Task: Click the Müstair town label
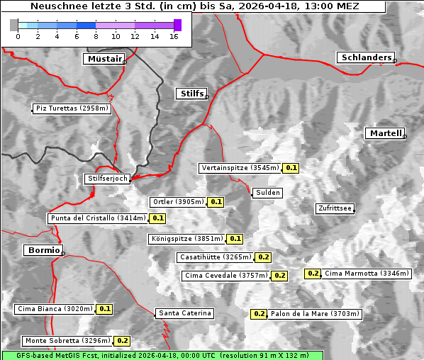pyautogui.click(x=104, y=59)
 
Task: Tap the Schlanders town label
pyautogui.click(x=365, y=57)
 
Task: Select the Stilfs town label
pyautogui.click(x=191, y=94)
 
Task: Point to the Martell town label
pyautogui.click(x=385, y=133)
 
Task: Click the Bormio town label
pyautogui.click(x=43, y=250)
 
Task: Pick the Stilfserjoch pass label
pyautogui.click(x=107, y=179)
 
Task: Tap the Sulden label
pyautogui.click(x=267, y=193)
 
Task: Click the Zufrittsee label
pyautogui.click(x=335, y=208)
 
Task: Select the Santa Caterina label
pyautogui.click(x=184, y=313)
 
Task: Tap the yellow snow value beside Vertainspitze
pyautogui.click(x=291, y=168)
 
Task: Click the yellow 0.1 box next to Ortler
pyautogui.click(x=216, y=202)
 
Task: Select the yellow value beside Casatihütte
pyautogui.click(x=263, y=257)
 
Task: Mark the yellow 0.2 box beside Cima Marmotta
pyautogui.click(x=313, y=274)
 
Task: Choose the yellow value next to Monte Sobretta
pyautogui.click(x=122, y=341)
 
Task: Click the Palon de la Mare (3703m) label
pyautogui.click(x=315, y=313)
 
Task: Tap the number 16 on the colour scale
pyautogui.click(x=174, y=36)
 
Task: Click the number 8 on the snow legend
pyautogui.click(x=95, y=36)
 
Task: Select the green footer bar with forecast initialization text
pyautogui.click(x=162, y=354)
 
